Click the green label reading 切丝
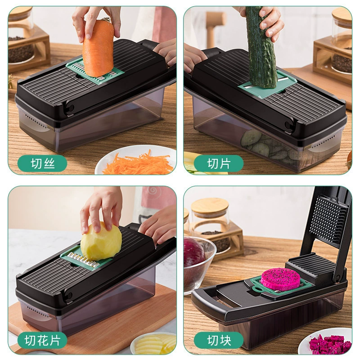pos(42,163)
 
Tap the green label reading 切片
pos(219,163)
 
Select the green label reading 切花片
pos(42,340)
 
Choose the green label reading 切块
pos(219,340)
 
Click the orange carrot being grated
pos(98,49)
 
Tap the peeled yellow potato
pos(101,241)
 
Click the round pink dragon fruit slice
pos(280,278)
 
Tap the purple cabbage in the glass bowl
pos(194,252)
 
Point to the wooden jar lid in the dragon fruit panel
pos(210,206)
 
